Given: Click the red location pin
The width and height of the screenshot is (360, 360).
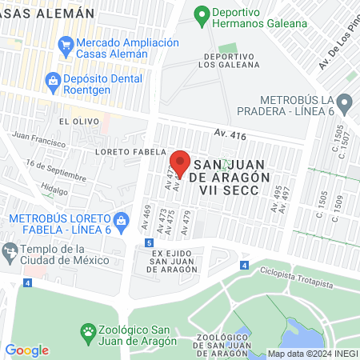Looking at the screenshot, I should (180, 161).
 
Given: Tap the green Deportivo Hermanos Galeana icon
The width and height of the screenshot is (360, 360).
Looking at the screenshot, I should (202, 14).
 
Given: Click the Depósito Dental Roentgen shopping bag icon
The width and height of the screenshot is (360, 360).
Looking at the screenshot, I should (54, 79).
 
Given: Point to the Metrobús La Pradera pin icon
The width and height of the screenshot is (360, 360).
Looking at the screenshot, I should (345, 102).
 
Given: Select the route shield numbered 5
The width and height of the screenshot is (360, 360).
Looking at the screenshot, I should (149, 242).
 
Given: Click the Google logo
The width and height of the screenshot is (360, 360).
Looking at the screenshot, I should (27, 350).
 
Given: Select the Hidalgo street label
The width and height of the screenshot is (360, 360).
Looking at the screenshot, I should (54, 191).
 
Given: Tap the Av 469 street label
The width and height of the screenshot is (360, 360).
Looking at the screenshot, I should (146, 214).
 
